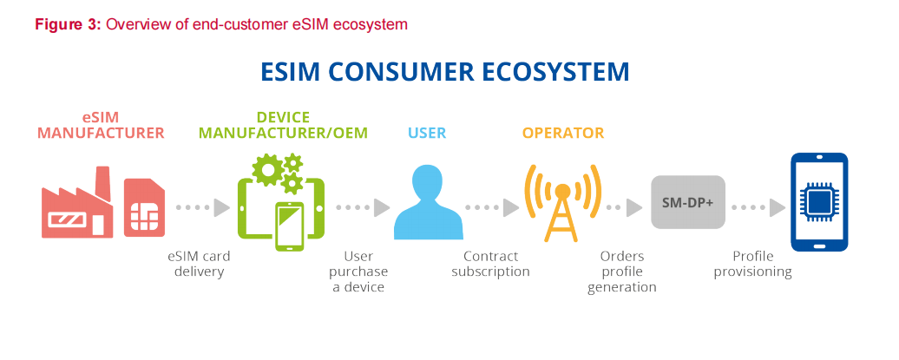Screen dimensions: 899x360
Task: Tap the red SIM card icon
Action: [x=144, y=207]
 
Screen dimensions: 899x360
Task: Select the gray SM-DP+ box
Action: [x=688, y=202]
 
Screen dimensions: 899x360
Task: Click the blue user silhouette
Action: [x=429, y=202]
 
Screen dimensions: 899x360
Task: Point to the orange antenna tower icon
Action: [x=563, y=202]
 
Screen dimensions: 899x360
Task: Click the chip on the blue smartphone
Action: [x=819, y=202]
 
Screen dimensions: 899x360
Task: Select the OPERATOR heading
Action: [x=563, y=133]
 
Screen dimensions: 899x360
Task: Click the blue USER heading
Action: [x=427, y=133]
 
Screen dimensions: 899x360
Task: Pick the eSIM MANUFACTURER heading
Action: [x=101, y=125]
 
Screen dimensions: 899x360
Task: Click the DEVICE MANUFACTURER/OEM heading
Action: [x=283, y=125]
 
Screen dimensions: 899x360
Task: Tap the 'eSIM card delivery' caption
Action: [x=199, y=264]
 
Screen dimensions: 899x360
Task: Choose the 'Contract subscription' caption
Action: [x=490, y=264]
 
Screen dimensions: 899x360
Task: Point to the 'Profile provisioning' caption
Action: [x=752, y=264]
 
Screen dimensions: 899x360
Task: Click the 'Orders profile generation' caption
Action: [x=622, y=272]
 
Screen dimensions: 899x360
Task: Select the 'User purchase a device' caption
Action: [x=358, y=272]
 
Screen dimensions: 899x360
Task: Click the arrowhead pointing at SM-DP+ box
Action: [x=634, y=207]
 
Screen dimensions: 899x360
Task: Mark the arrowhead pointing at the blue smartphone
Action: [x=777, y=207]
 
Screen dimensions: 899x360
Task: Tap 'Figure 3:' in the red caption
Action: [x=69, y=25]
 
